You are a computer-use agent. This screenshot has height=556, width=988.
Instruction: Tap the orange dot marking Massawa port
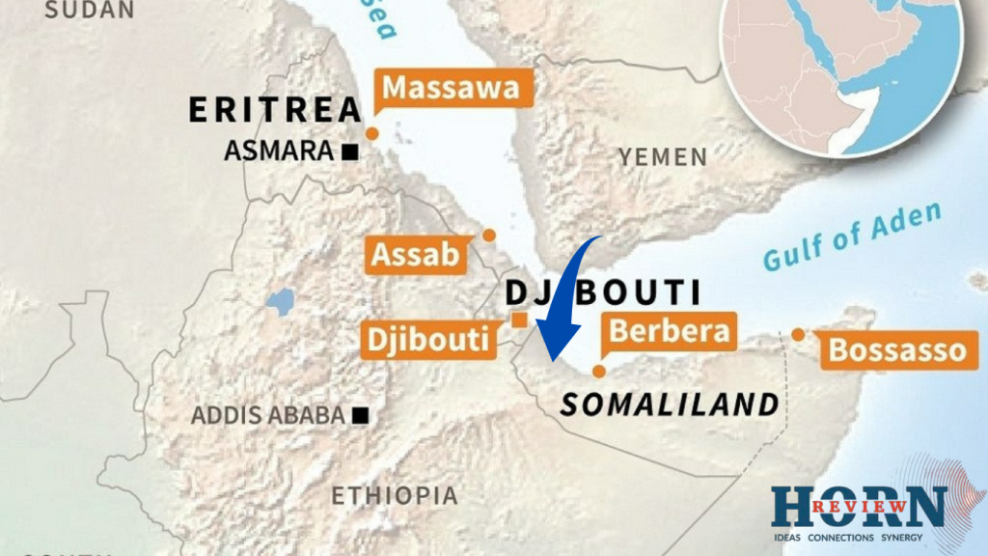coord(371,133)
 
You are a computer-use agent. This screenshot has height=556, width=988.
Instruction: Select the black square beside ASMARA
coord(349,152)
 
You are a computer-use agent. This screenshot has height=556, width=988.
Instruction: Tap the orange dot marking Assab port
coord(489,235)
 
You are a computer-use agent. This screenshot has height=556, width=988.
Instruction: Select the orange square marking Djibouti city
coord(519,320)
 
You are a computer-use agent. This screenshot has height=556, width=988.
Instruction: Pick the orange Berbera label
coord(669,331)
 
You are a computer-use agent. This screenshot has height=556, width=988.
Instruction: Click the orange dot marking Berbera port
coord(599,371)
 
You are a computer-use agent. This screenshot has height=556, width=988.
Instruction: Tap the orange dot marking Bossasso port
coord(798,334)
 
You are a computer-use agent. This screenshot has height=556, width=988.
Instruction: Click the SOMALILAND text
coord(670,404)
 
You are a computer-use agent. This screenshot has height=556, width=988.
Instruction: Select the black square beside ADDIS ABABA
coord(360,415)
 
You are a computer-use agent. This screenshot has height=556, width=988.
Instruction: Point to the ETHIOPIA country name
coord(395,496)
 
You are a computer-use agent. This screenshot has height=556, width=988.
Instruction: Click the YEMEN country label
coord(662,156)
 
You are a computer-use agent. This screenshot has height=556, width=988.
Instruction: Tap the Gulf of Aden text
coord(851,237)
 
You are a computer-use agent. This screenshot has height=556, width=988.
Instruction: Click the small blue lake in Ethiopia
coord(280,302)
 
